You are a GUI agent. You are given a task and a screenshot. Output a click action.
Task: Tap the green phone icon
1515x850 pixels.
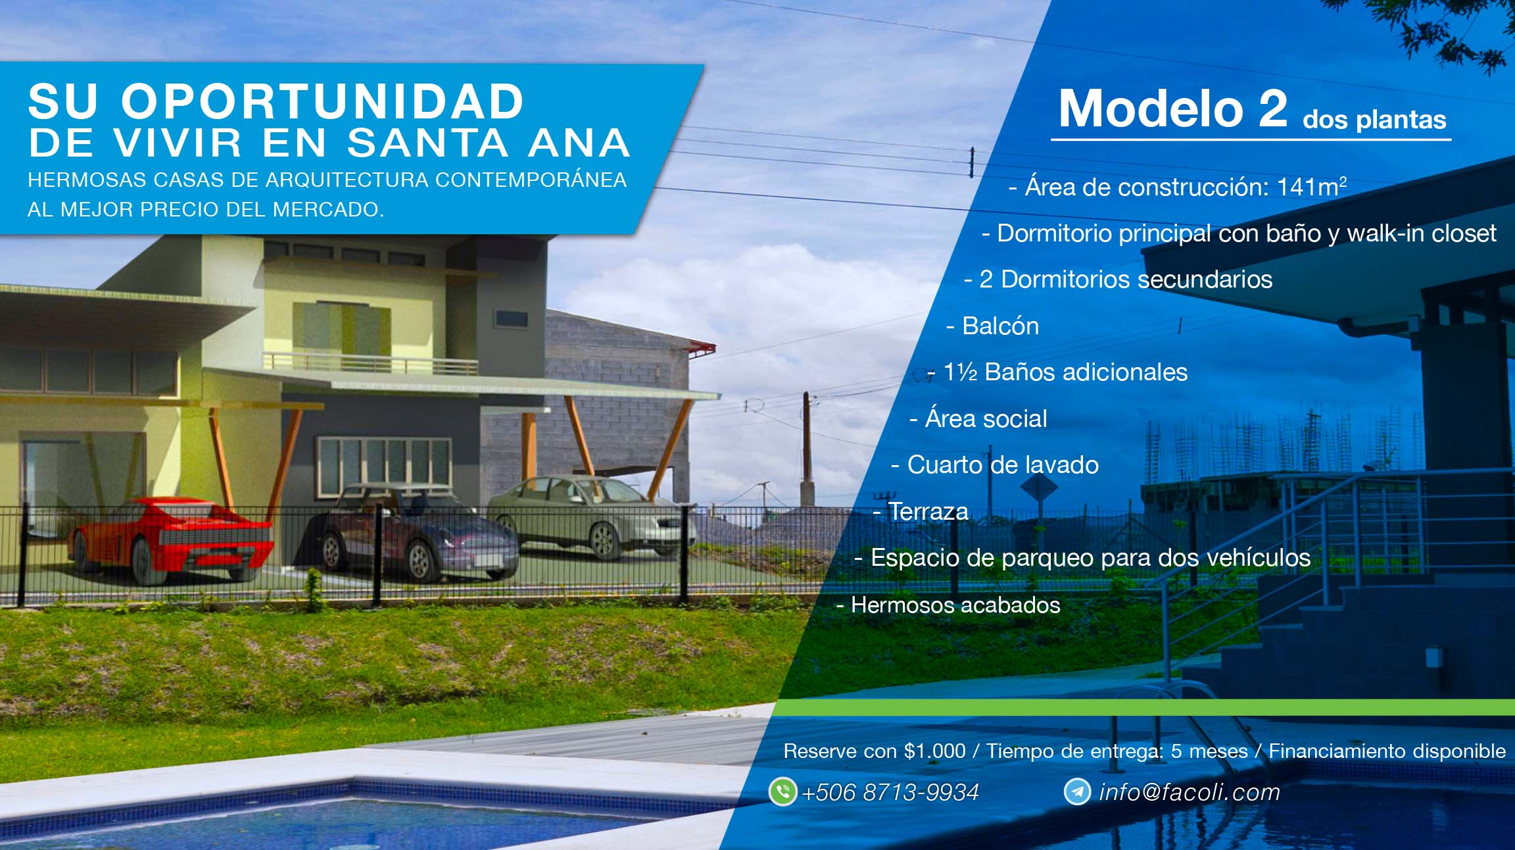(x=782, y=791)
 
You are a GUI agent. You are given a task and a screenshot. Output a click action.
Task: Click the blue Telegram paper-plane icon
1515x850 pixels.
(x=1077, y=791)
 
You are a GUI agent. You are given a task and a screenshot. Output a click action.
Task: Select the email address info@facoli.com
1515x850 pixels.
(x=1190, y=792)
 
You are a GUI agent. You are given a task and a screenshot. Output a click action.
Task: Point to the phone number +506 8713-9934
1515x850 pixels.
(x=890, y=792)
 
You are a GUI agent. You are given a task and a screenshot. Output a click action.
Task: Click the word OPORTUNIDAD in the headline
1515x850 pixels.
(x=322, y=102)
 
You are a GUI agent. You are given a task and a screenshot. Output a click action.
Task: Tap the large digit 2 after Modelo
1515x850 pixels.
(x=1272, y=108)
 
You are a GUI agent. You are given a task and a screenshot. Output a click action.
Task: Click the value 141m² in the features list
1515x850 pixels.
(x=1311, y=187)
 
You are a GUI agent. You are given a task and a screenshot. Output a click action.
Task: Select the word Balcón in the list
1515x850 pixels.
(x=1000, y=326)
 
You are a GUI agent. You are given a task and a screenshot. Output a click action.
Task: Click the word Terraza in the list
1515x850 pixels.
(x=928, y=511)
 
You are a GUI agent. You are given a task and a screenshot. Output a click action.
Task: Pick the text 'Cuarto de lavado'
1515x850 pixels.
(x=1003, y=464)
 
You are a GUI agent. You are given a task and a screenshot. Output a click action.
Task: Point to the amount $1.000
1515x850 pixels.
(x=934, y=751)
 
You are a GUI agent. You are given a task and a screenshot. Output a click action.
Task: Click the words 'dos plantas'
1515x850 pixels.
(x=1374, y=119)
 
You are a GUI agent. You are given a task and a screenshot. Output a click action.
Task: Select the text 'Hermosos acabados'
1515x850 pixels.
(x=955, y=605)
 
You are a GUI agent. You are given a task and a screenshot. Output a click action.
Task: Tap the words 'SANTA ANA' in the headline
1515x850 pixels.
(x=489, y=143)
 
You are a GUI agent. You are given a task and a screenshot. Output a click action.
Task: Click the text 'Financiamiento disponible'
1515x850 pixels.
(x=1387, y=751)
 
